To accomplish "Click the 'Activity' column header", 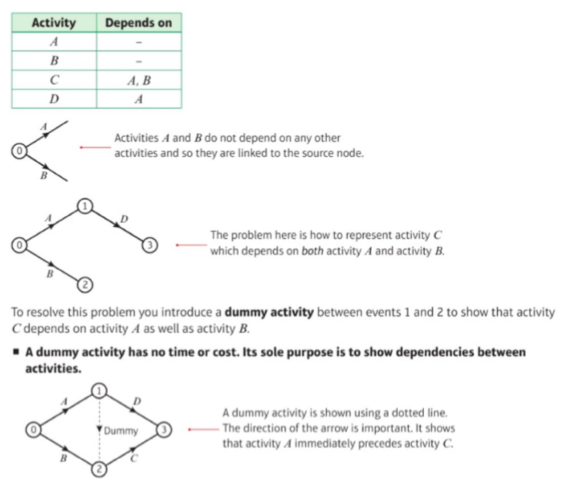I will click(x=54, y=23).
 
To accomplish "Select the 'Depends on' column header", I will click(x=139, y=23).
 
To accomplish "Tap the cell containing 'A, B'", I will click(x=139, y=80).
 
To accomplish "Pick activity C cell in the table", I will click(x=54, y=80).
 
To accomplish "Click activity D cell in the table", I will click(x=54, y=99).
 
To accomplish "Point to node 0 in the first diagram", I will click(x=19, y=150).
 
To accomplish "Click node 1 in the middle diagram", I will click(x=85, y=206).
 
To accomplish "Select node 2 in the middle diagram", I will click(x=85, y=284).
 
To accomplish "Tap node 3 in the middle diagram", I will click(x=150, y=245).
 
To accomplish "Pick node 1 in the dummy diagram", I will click(x=99, y=391).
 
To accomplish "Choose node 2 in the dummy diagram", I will click(x=99, y=469).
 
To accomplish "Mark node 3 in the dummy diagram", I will click(x=164, y=430).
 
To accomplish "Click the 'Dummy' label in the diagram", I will click(x=121, y=431).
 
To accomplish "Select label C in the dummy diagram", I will click(x=134, y=459).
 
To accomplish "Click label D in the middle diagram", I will click(x=124, y=219).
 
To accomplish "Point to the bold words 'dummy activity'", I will click(x=269, y=312).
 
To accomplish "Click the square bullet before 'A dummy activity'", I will click(x=16, y=352).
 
